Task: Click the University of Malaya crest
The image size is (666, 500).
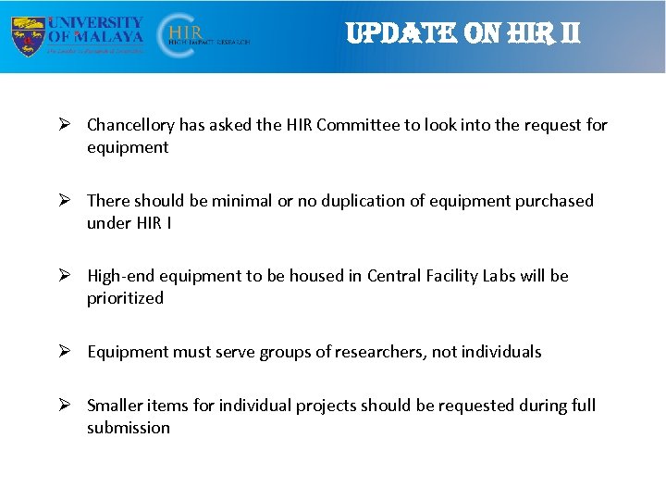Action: coord(28,36)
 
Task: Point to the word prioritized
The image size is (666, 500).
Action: coord(125,298)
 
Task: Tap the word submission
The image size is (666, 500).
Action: coord(129,428)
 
